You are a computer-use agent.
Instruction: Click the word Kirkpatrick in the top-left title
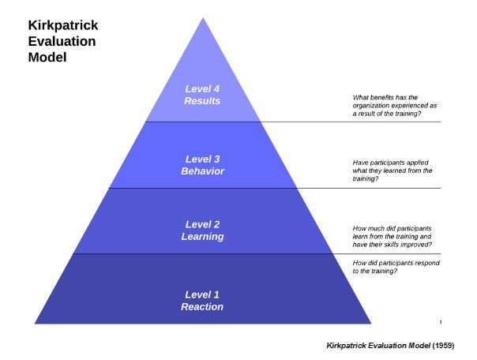pyautogui.click(x=63, y=25)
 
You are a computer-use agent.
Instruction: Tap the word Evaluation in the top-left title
pyautogui.click(x=62, y=41)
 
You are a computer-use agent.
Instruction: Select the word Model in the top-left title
pyautogui.click(x=47, y=57)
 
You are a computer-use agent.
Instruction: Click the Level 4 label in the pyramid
pyautogui.click(x=202, y=88)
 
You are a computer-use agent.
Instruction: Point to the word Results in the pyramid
pyautogui.click(x=202, y=101)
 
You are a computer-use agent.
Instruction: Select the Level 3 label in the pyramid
pyautogui.click(x=203, y=159)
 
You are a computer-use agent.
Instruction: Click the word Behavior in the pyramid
pyautogui.click(x=203, y=171)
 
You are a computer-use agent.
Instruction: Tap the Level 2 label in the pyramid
pyautogui.click(x=203, y=224)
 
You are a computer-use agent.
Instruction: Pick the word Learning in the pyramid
pyautogui.click(x=203, y=237)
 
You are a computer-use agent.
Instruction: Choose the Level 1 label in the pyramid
pyautogui.click(x=202, y=294)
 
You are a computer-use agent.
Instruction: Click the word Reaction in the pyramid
pyautogui.click(x=202, y=307)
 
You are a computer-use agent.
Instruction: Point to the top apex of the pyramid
pyautogui.click(x=203, y=17)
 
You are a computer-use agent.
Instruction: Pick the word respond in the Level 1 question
pyautogui.click(x=426, y=263)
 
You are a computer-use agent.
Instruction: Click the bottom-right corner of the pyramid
pyautogui.click(x=371, y=324)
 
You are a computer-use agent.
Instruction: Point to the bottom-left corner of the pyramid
pyautogui.click(x=35, y=324)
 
